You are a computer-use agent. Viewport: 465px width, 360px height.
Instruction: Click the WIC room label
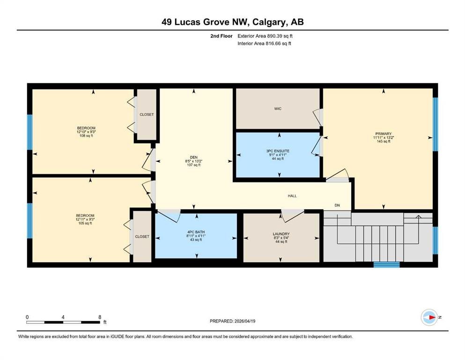[278, 109]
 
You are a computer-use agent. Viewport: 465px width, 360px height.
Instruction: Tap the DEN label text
[194, 157]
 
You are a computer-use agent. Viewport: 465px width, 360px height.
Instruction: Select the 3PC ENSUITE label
[278, 151]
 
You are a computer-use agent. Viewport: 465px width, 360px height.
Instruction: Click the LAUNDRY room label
[281, 234]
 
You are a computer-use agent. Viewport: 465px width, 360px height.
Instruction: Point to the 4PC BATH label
[196, 232]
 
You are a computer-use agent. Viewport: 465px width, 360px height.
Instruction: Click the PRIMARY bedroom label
[383, 134]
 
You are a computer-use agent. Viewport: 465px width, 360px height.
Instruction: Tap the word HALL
[292, 196]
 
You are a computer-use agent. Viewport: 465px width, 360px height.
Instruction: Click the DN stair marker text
[337, 205]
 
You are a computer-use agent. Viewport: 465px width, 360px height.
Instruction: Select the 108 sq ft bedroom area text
[86, 135]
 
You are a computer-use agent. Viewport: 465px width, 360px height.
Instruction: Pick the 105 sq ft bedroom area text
[85, 223]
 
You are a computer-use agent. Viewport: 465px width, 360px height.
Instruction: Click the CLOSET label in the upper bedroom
[147, 114]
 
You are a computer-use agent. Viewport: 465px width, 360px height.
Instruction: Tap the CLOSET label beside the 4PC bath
[142, 237]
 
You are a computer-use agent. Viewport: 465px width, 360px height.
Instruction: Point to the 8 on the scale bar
[100, 317]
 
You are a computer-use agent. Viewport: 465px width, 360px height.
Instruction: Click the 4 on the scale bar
[63, 317]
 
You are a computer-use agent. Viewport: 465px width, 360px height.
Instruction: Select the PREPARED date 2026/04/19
[244, 321]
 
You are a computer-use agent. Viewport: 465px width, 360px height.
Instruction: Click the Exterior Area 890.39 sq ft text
[265, 36]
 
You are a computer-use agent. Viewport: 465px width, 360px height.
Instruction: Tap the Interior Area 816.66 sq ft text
[264, 43]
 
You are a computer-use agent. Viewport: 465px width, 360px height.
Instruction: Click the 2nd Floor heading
[221, 36]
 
